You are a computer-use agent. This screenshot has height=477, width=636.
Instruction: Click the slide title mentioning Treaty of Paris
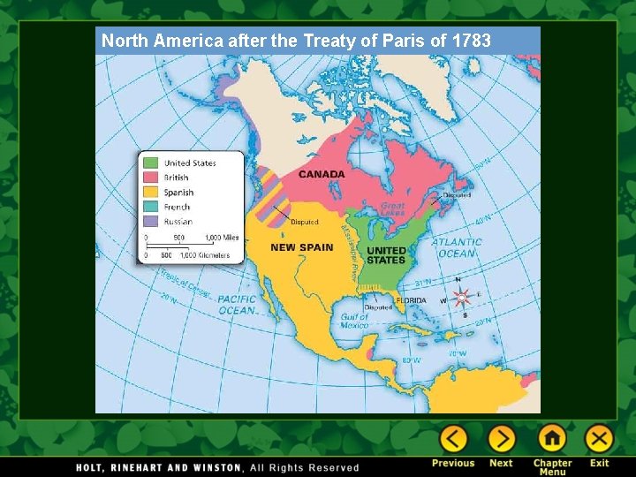tap(296, 41)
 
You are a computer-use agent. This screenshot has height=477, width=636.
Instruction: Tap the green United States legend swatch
tap(151, 163)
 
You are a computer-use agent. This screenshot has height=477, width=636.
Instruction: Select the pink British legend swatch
tap(151, 178)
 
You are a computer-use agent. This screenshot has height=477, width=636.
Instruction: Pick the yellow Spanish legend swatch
tap(151, 193)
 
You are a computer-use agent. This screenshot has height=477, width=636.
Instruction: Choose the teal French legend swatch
tap(151, 207)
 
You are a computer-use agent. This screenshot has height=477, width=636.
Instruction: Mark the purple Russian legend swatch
tap(151, 222)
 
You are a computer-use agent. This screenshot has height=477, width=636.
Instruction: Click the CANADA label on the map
tap(322, 174)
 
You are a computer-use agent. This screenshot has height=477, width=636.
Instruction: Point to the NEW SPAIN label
tap(302, 247)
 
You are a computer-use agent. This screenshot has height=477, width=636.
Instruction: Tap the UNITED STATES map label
tap(386, 255)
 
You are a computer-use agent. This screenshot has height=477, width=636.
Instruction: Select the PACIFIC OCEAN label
tap(237, 305)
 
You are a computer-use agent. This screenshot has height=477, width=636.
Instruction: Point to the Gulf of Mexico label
tap(354, 321)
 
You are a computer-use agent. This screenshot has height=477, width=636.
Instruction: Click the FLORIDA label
tap(410, 300)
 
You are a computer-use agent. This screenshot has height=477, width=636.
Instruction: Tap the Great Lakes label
tap(392, 209)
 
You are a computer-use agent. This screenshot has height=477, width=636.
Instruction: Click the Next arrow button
tap(501, 439)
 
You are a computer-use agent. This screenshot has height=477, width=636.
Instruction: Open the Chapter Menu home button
tap(552, 439)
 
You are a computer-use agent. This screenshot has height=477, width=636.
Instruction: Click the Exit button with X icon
tap(599, 439)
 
